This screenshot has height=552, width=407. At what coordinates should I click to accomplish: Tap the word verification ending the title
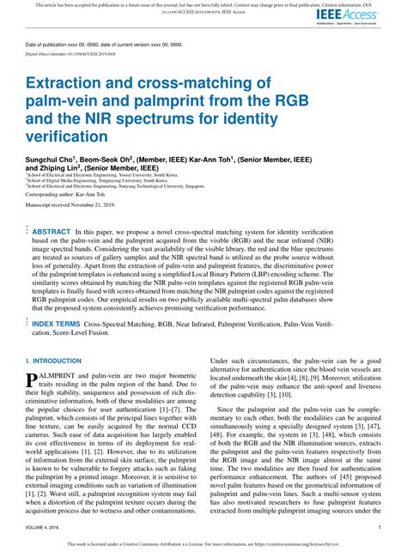(x=67, y=136)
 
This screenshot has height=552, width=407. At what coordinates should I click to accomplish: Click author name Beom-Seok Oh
(x=132, y=159)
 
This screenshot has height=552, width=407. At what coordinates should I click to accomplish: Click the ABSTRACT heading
(x=51, y=232)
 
